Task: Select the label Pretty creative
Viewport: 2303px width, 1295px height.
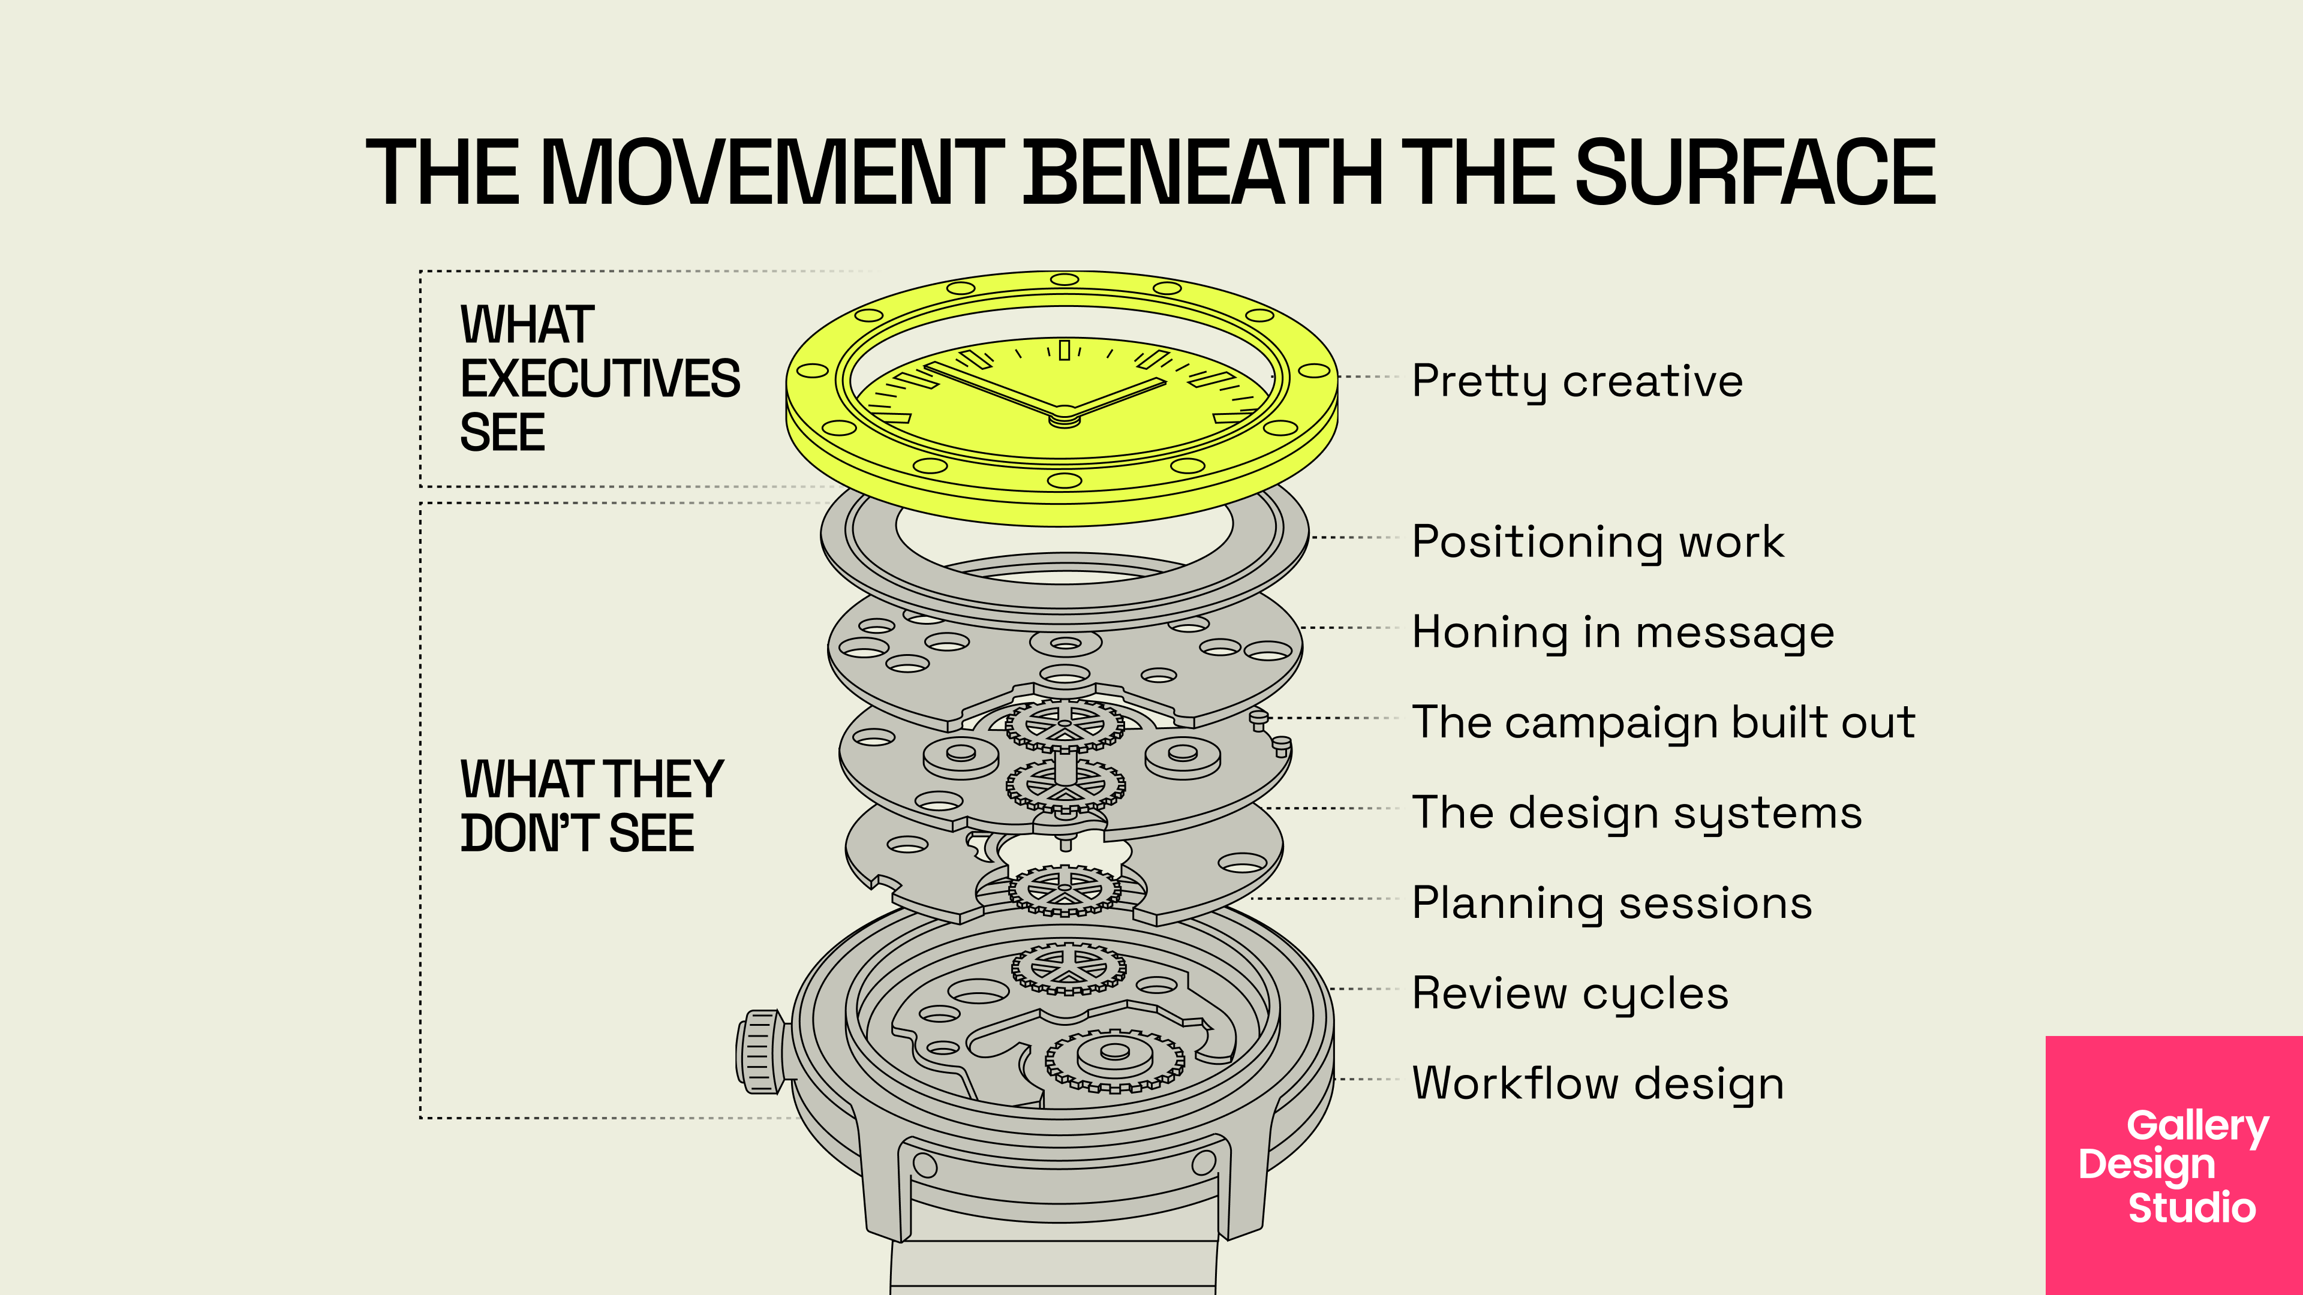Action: click(x=1577, y=382)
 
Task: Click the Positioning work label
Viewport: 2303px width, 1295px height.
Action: click(x=1598, y=541)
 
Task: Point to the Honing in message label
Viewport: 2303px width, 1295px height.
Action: click(x=1623, y=633)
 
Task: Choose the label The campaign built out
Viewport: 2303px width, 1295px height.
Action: click(x=1664, y=722)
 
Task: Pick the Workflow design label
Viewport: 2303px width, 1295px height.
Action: click(x=1598, y=1083)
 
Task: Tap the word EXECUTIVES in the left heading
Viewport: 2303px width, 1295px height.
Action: click(x=600, y=379)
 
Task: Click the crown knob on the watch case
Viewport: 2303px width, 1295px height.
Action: click(x=759, y=1052)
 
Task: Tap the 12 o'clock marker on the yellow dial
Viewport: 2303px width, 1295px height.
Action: click(x=1064, y=350)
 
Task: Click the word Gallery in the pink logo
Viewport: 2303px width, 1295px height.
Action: click(x=2197, y=1126)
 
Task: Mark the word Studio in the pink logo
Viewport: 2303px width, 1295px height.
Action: click(x=2191, y=1207)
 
